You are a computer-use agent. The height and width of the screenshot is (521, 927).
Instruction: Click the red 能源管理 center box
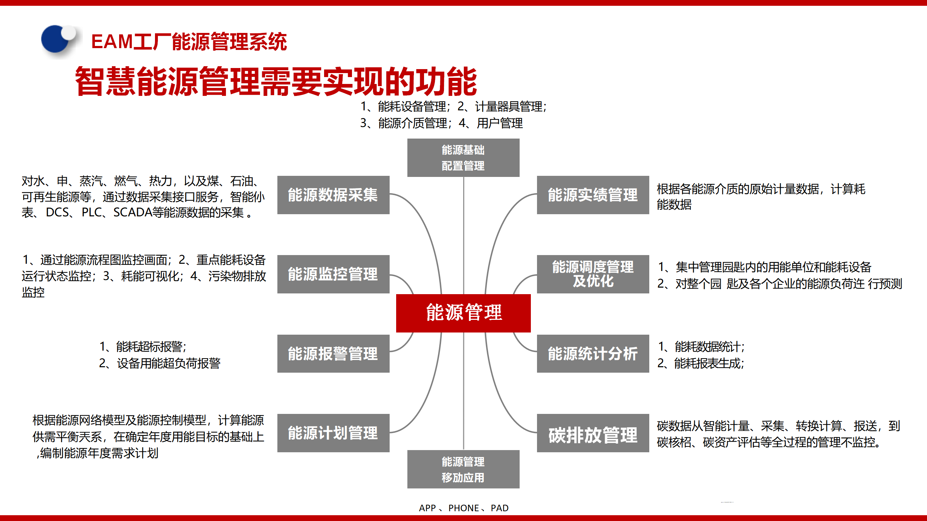click(463, 313)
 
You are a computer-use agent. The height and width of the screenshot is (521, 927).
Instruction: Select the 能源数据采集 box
click(333, 195)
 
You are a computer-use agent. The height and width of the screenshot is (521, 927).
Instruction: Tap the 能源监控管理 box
click(333, 274)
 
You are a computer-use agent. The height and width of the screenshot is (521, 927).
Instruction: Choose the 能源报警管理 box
click(333, 353)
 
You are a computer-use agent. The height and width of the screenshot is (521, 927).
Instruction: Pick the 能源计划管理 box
click(333, 433)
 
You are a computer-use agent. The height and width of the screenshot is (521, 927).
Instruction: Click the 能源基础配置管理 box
click(463, 158)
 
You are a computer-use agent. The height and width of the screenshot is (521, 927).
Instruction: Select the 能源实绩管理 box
click(593, 195)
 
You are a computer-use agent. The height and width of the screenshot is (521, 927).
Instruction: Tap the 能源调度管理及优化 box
click(593, 274)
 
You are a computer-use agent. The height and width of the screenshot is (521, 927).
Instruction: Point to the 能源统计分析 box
click(593, 353)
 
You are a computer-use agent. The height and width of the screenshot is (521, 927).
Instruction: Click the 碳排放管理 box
click(593, 433)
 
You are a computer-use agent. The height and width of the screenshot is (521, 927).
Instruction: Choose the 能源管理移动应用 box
click(463, 469)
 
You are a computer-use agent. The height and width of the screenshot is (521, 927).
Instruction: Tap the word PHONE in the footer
click(463, 508)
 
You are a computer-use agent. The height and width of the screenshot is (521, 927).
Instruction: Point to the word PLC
click(91, 212)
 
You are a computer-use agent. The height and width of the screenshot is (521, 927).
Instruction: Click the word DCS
click(57, 212)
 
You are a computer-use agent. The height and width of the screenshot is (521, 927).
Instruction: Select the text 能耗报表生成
click(708, 363)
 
